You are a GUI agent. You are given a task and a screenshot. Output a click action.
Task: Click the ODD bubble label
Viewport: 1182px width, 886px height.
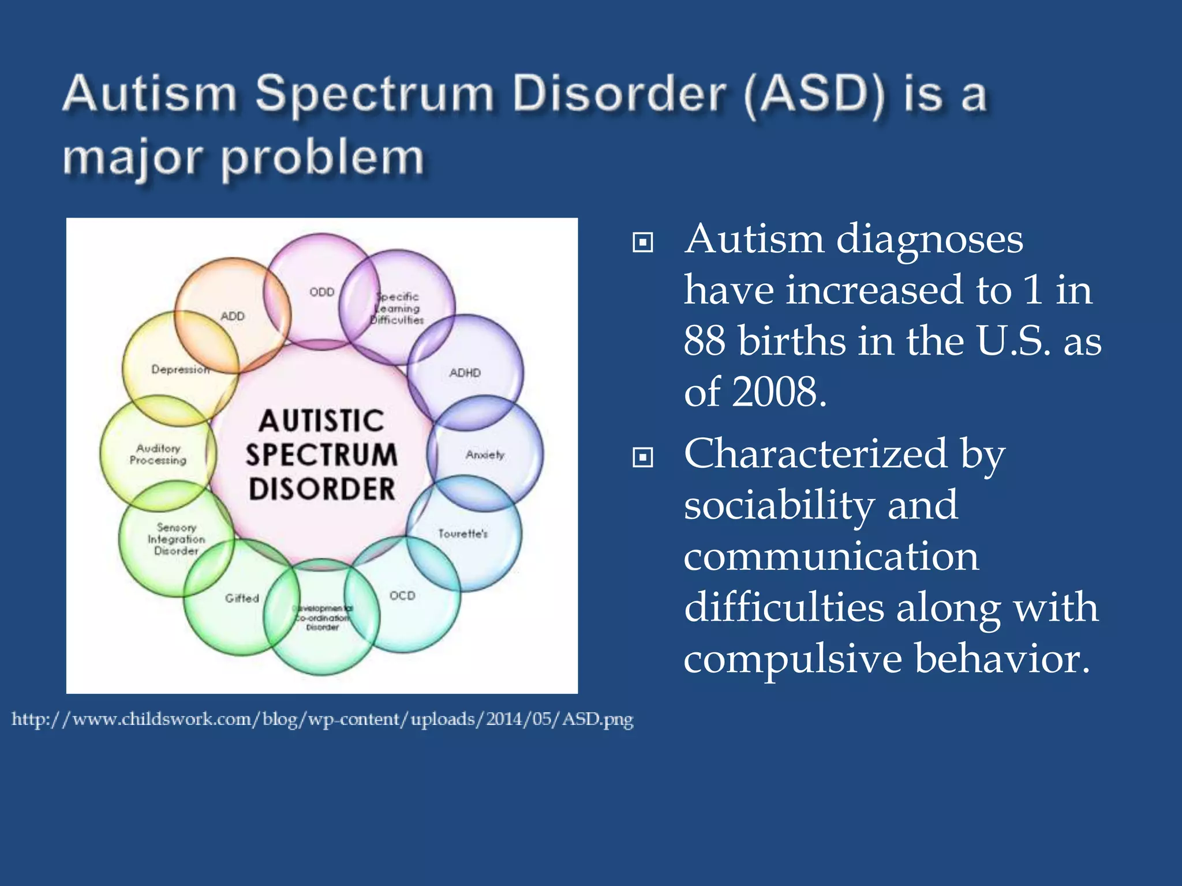coord(321,292)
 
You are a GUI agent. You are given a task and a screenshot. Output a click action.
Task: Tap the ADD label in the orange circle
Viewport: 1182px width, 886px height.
coord(232,316)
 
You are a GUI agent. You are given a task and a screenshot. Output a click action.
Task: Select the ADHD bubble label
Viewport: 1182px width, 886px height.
coord(465,373)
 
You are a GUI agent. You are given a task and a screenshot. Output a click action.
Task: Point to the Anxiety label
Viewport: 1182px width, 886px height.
coord(485,455)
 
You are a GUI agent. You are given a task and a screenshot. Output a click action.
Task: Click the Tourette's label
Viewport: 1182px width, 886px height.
coord(462,534)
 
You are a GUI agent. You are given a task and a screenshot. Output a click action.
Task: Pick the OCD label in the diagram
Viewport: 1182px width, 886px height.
coord(402,595)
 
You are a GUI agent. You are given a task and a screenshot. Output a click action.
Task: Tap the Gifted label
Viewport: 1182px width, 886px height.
coord(242,598)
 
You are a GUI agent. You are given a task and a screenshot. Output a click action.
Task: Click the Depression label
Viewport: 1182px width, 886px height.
coord(180,369)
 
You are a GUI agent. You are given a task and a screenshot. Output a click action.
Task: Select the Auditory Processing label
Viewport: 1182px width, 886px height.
coord(158,454)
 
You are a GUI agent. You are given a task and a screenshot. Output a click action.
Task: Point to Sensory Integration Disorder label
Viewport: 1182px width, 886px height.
coord(176,539)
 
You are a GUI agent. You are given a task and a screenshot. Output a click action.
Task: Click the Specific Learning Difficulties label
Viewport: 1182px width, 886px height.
coord(397,308)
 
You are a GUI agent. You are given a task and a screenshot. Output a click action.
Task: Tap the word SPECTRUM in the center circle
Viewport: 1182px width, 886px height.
coord(321,455)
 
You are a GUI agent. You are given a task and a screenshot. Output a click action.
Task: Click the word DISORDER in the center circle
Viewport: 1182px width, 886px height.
coord(321,489)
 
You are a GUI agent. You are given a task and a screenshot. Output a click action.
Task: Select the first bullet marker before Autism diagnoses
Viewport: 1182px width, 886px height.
coord(642,242)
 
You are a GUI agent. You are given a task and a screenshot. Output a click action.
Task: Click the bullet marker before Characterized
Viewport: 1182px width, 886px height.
coord(642,457)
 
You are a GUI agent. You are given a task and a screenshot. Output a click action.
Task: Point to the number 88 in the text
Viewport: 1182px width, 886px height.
coord(704,340)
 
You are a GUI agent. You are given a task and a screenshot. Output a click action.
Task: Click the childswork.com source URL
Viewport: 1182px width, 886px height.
coord(323,719)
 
